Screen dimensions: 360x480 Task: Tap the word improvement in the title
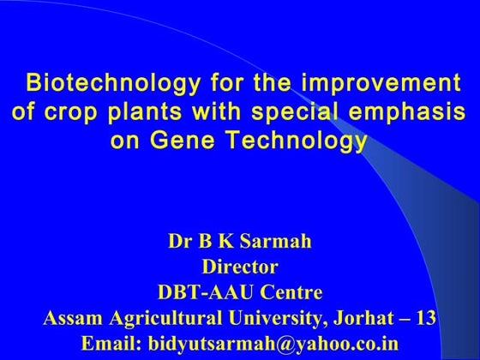pyautogui.click(x=377, y=85)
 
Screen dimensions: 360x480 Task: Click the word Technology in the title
pyautogui.click(x=296, y=140)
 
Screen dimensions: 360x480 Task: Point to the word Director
pyautogui.click(x=239, y=267)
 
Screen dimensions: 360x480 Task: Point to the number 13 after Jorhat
pyautogui.click(x=424, y=318)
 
